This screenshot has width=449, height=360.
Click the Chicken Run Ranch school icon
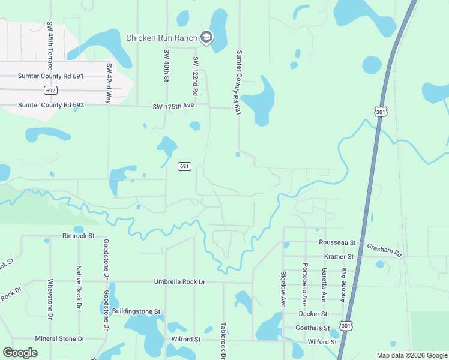pos(206,38)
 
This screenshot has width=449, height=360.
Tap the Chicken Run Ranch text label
pos(161,38)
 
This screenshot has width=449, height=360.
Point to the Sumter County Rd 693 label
pos(51,105)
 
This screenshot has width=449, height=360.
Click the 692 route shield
pos(50,91)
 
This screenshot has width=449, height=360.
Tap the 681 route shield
pos(184,166)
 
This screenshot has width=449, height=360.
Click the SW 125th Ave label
pos(173,107)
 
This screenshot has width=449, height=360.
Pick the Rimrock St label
pos(79,236)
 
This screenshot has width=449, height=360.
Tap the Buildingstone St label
pos(137,311)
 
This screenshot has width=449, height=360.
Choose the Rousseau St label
pos(338,242)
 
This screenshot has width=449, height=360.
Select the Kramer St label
pos(339,256)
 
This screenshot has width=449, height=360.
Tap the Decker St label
pos(313,314)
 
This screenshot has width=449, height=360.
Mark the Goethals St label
pos(313,328)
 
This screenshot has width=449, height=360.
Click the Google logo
pos(20,353)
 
